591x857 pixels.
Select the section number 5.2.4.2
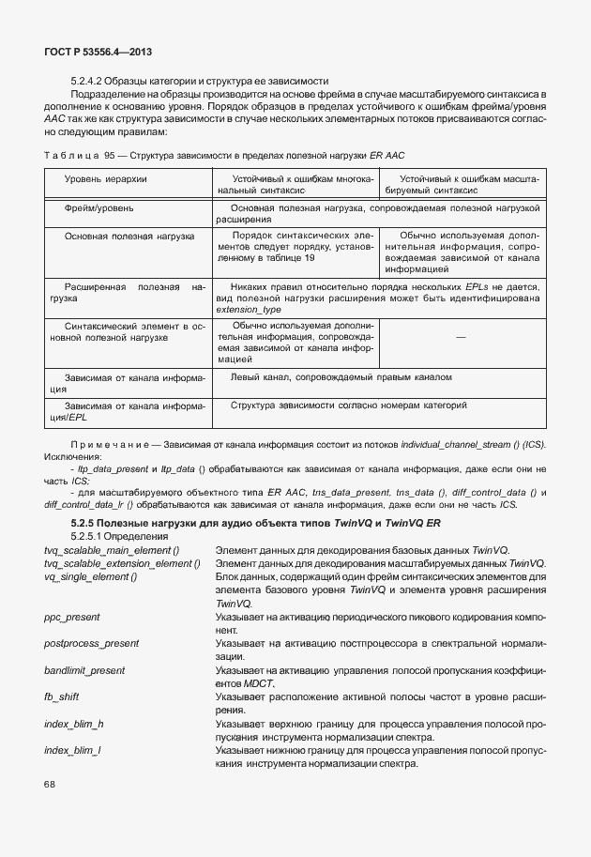pyautogui.click(x=91, y=81)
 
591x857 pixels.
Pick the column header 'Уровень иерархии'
pyautogui.click(x=105, y=177)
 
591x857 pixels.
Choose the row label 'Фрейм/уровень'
pyautogui.click(x=99, y=206)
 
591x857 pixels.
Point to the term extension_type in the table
pyautogui.click(x=249, y=309)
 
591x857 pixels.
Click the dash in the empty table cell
pyautogui.click(x=461, y=337)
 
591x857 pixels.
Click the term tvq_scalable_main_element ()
pyautogui.click(x=112, y=548)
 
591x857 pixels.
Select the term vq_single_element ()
pyautogui.click(x=90, y=575)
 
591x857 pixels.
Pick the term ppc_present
pyautogui.click(x=72, y=617)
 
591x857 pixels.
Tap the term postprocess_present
pyautogui.click(x=91, y=644)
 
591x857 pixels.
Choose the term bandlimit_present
pyautogui.click(x=84, y=671)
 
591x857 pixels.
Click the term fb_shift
pyautogui.click(x=61, y=697)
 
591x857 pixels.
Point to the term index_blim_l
pyautogui.click(x=73, y=751)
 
